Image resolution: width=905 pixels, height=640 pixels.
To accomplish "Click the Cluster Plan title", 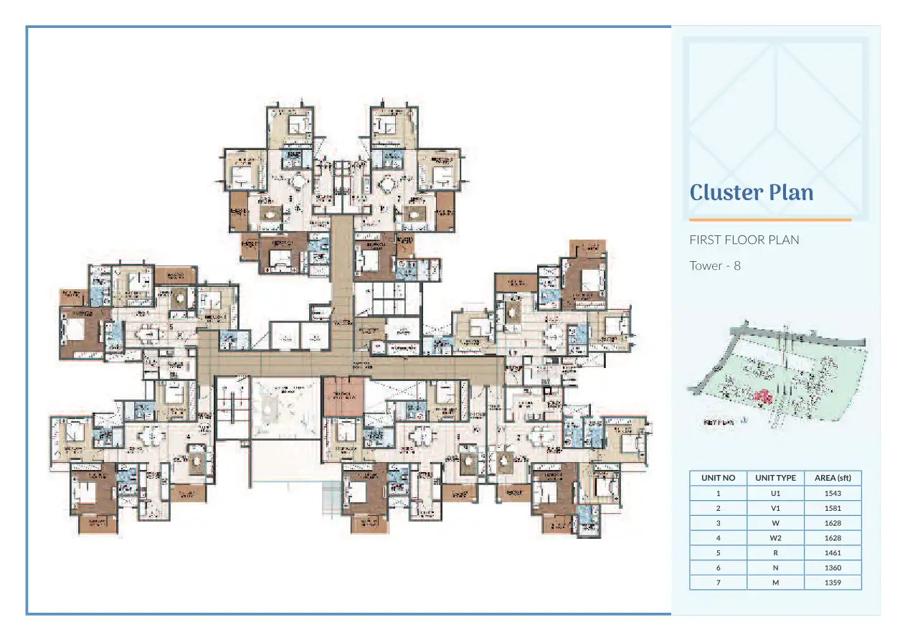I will coord(752,192).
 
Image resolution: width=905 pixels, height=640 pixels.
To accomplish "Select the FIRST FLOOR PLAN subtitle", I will coord(744,240).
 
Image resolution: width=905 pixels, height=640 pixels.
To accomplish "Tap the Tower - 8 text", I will coord(714,265).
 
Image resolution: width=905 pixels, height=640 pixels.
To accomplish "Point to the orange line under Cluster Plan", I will coord(769,220).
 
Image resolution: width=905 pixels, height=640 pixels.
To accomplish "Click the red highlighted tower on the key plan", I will coord(763,396).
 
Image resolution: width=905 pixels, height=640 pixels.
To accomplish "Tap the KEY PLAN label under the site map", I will coord(719,423).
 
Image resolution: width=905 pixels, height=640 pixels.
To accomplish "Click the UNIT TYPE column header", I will coord(775,478).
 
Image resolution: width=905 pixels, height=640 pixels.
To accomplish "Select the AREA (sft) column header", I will coord(833,478).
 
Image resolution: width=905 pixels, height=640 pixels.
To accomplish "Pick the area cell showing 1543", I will coord(833,493).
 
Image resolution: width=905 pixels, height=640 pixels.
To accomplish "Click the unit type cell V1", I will coord(775,508).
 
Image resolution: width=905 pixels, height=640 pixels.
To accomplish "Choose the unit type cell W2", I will coord(775,537).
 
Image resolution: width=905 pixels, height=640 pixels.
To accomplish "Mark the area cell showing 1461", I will coord(833,552).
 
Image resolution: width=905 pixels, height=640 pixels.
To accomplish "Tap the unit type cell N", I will coord(775,568).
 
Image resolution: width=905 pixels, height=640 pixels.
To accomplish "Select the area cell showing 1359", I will coord(833,583).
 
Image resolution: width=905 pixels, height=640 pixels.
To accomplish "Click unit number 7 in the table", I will coord(718,583).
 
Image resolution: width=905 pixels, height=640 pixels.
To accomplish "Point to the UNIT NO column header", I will coord(718,478).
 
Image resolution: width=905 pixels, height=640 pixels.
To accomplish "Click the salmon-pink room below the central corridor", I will coord(343,397).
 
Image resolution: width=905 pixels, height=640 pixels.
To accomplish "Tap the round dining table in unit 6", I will coord(296,181).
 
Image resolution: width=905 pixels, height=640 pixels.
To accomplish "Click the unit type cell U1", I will coord(775,493).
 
